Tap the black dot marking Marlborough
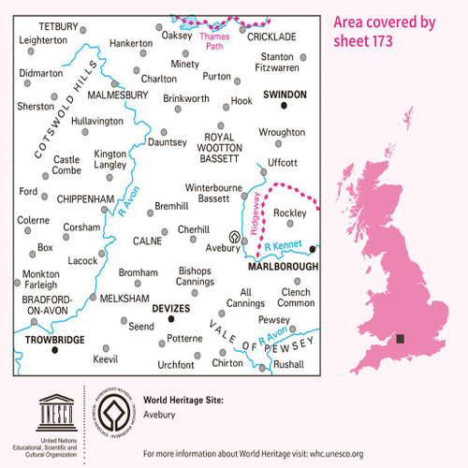pos(314,249)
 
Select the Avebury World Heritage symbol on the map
pos(234,238)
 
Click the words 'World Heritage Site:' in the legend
pos(183,400)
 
